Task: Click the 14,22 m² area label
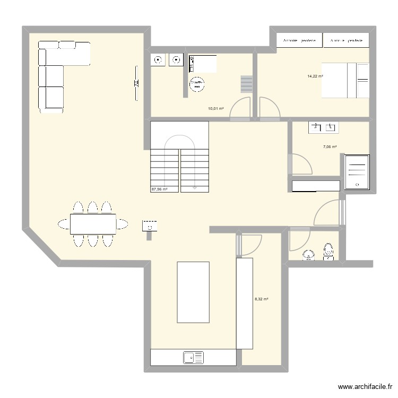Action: [315, 76]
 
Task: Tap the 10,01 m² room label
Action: [215, 109]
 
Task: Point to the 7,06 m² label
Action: [330, 147]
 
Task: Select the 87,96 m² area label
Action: [159, 189]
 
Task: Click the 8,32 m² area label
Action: [261, 299]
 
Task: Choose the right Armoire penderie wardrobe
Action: [346, 40]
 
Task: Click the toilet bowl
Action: [328, 252]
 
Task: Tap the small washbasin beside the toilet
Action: [308, 257]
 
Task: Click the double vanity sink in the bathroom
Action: [323, 127]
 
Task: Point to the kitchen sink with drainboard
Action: [194, 358]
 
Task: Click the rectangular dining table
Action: [93, 224]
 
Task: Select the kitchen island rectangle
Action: [193, 292]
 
